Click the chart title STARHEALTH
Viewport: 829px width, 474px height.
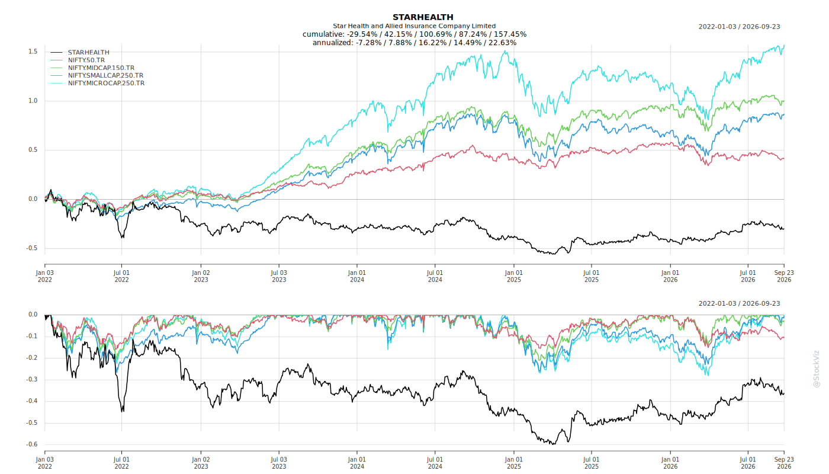pos(423,17)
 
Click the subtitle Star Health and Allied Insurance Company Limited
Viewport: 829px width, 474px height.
pos(414,26)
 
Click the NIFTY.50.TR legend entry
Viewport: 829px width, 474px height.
pos(86,60)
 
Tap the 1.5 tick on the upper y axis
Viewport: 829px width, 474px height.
pos(33,52)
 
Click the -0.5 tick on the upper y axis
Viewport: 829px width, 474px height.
pos(31,248)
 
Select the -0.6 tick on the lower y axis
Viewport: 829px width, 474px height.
pos(31,444)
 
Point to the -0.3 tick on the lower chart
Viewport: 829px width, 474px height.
pos(31,380)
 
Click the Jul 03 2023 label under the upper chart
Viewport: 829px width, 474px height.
pos(279,276)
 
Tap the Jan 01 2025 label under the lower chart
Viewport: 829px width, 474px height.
pos(514,463)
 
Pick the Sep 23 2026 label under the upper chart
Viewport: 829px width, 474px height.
pos(784,276)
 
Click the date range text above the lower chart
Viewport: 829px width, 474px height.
pos(739,303)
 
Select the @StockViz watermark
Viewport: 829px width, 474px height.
pos(816,369)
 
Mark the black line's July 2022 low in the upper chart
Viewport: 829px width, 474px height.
pos(123,238)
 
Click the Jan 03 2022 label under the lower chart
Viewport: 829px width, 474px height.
pos(45,463)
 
